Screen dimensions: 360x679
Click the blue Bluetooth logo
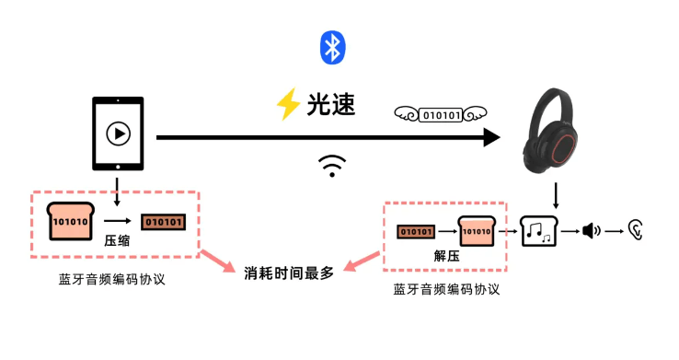pos(331,48)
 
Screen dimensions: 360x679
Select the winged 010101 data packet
pos(439,115)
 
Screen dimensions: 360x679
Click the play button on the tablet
pos(118,134)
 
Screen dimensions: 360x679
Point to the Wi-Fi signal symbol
pos(332,166)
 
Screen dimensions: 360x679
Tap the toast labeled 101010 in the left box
pos(71,221)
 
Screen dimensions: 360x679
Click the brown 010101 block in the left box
pos(163,222)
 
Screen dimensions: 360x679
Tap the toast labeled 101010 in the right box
pos(478,231)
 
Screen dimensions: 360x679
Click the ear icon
pos(635,229)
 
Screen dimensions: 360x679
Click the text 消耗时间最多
pos(289,273)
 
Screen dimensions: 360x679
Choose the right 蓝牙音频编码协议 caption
pos(446,289)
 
